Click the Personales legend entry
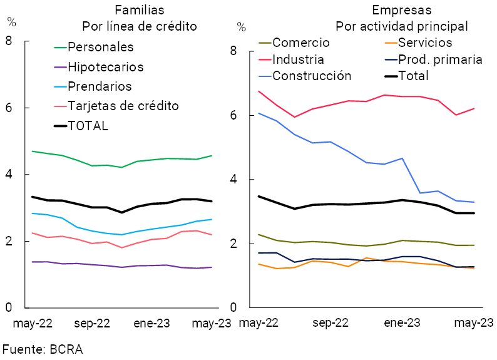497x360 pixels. pyautogui.click(x=100, y=47)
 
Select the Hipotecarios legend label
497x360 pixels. pyautogui.click(x=105, y=66)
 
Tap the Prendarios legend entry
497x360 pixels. pyautogui.click(x=100, y=86)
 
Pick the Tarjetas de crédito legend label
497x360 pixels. pyautogui.click(x=123, y=105)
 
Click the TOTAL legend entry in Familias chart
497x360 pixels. pyautogui.click(x=88, y=125)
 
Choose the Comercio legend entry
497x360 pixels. pyautogui.click(x=300, y=43)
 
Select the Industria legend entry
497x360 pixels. pyautogui.click(x=298, y=59)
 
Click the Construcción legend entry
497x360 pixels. pyautogui.click(x=312, y=76)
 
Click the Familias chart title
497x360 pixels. pyautogui.click(x=140, y=10)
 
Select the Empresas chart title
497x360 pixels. pyautogui.click(x=401, y=10)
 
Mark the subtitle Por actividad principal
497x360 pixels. pyautogui.click(x=401, y=26)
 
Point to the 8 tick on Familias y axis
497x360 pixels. pyautogui.click(x=9, y=41)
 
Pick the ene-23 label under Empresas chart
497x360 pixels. pyautogui.click(x=401, y=323)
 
